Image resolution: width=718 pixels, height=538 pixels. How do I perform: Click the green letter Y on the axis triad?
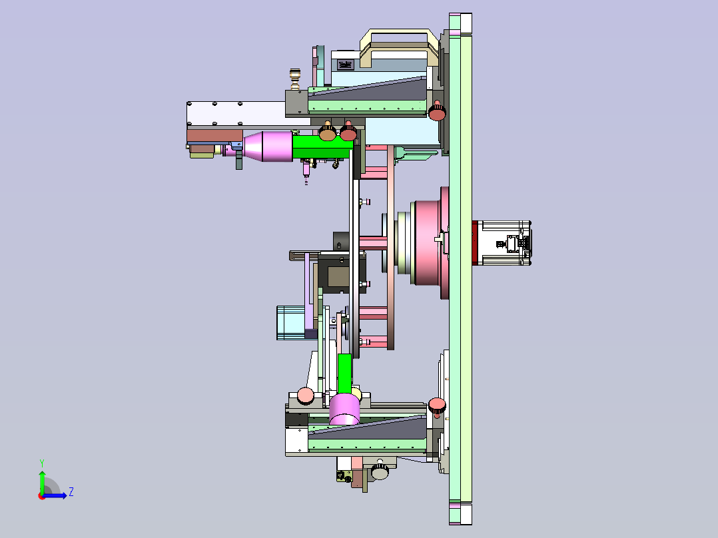click(x=42, y=463)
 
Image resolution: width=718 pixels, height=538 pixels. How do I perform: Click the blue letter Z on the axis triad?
click(x=71, y=492)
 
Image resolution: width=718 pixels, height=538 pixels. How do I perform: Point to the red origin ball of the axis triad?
click(x=42, y=496)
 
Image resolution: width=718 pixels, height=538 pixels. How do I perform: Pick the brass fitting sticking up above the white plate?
click(x=295, y=79)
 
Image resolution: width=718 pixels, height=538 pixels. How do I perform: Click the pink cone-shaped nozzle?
click(x=268, y=146)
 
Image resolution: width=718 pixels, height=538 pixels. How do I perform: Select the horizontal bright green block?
click(x=322, y=146)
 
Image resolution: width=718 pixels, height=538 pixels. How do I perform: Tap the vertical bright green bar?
click(x=344, y=374)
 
